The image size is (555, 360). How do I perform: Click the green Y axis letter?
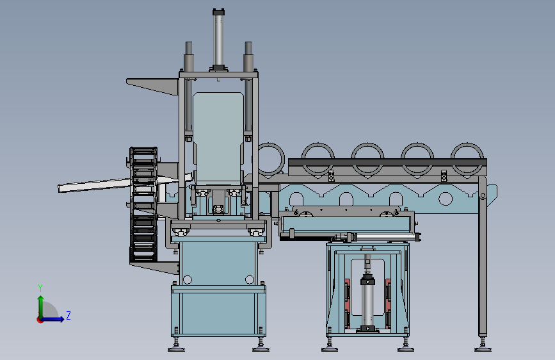(40, 288)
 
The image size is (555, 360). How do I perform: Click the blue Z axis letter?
(68, 315)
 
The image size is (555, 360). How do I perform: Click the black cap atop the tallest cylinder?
(218, 12)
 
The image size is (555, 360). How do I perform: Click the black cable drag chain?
(143, 204)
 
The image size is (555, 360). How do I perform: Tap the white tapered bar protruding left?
(95, 186)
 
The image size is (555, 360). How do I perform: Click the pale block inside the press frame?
(218, 138)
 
